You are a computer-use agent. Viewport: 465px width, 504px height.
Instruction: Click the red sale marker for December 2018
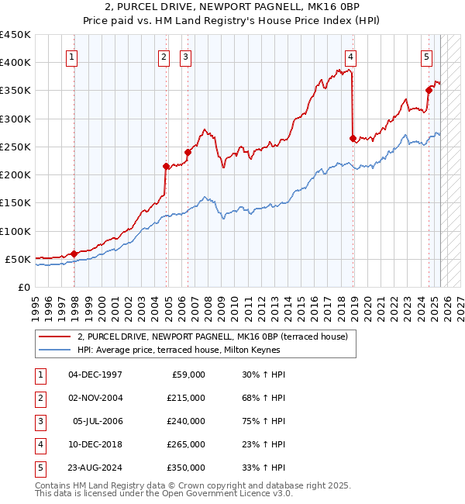[x=353, y=139]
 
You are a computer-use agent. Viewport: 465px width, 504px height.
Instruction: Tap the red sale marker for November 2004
[x=166, y=166]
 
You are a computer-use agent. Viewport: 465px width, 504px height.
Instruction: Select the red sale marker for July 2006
[x=188, y=152]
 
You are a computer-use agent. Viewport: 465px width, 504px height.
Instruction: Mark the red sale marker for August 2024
[x=429, y=90]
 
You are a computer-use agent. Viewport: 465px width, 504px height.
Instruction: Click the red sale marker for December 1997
[x=74, y=254]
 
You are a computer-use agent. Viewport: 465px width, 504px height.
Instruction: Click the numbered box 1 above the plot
[x=71, y=56]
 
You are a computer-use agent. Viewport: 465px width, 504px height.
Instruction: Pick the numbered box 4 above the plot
[x=351, y=56]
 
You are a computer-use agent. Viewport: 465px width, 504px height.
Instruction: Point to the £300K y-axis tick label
[x=15, y=119]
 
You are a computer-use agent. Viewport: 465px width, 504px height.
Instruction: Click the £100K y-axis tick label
[x=15, y=231]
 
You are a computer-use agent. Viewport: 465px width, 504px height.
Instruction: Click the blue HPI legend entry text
[x=178, y=350]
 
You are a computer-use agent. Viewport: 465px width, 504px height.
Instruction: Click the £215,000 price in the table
[x=186, y=398]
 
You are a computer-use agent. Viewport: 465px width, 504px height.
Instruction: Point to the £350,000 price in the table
[x=186, y=468]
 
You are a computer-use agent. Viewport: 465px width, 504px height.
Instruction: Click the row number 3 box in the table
[x=38, y=421]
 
